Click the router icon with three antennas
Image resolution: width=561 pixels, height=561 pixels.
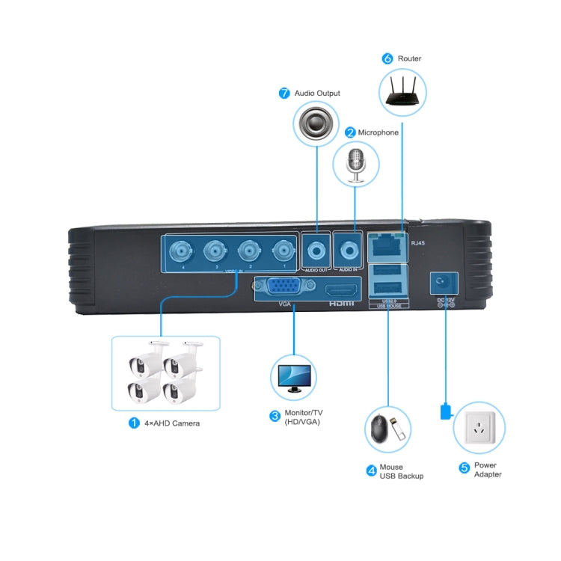403,91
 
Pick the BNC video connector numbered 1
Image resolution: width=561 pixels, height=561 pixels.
281,251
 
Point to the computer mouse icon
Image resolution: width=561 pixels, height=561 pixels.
378,429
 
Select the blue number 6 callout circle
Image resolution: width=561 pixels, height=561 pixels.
387,58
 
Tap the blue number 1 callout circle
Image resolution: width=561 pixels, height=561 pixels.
134,423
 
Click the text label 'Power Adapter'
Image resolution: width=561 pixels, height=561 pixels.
488,470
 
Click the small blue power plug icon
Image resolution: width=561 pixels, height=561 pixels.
445,411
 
